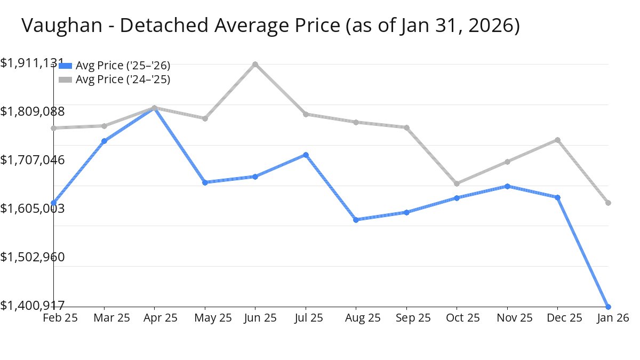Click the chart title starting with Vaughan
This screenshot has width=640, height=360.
(x=270, y=26)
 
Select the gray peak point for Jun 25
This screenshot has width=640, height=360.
(x=255, y=65)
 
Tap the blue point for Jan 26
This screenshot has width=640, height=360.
(x=608, y=307)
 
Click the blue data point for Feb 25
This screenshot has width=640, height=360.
(x=54, y=203)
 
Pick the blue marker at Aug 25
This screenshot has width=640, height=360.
(x=356, y=220)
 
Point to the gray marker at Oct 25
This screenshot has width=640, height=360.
(x=457, y=183)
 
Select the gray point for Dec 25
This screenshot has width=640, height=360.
(x=557, y=140)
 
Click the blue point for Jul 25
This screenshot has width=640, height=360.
(x=306, y=155)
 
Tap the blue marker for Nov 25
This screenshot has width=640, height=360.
(x=507, y=186)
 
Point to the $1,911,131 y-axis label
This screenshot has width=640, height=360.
(x=32, y=63)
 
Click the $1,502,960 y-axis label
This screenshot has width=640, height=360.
(x=33, y=257)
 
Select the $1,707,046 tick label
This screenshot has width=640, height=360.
(x=33, y=159)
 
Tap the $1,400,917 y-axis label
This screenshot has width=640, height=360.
(x=33, y=306)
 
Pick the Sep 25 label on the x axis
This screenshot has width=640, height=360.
(x=413, y=318)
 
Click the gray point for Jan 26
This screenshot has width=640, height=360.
(x=608, y=203)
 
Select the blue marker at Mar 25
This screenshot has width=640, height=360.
(x=104, y=141)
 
